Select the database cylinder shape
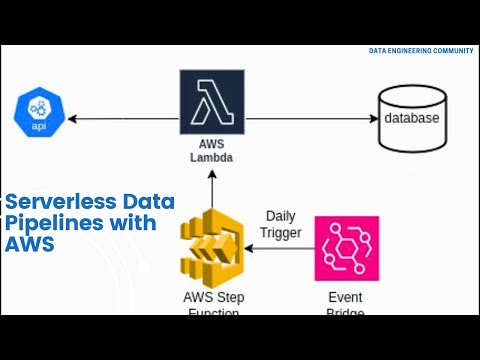pos(411,118)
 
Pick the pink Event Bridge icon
pos(347,248)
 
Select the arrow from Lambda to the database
pos(310,119)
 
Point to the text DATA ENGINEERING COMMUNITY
pos(421,50)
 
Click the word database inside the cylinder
pos(411,119)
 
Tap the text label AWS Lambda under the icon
pos(211,150)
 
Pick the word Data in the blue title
pos(148,201)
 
